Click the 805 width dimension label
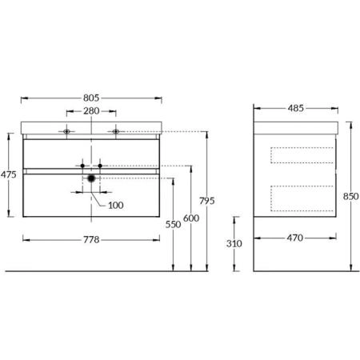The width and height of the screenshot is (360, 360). click(x=91, y=98)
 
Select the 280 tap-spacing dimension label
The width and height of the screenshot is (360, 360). click(x=91, y=111)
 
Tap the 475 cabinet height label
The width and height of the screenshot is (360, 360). click(x=8, y=174)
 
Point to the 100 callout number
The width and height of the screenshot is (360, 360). click(x=116, y=206)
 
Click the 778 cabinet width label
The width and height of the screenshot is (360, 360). click(x=91, y=240)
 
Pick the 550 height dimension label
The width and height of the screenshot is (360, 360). click(x=173, y=225)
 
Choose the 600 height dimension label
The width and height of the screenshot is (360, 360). click(x=191, y=218)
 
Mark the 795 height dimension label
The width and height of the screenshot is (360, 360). click(x=207, y=201)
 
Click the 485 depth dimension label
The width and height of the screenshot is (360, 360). click(x=296, y=108)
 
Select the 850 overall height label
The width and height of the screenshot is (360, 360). click(x=350, y=197)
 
